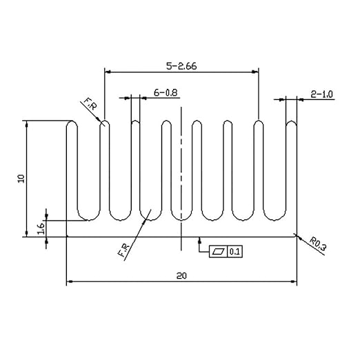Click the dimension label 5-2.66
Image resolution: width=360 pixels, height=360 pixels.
tap(181, 66)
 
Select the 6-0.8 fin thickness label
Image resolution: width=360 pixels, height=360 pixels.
tap(166, 92)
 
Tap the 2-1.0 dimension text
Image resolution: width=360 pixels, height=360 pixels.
tap(321, 94)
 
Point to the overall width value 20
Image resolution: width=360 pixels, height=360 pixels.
tap(181, 275)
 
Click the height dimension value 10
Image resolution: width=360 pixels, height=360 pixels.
tap(21, 179)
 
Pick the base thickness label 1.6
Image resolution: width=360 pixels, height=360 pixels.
tap(41, 228)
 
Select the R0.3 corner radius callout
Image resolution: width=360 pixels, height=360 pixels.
tap(318, 244)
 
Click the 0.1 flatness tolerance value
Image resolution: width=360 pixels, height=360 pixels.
tap(234, 252)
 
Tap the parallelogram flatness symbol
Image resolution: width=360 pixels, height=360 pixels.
tap(218, 252)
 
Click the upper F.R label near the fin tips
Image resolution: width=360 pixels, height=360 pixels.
tap(90, 103)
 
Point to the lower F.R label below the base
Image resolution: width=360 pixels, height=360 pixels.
tap(123, 250)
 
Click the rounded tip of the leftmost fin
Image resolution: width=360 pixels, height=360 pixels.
tap(72, 123)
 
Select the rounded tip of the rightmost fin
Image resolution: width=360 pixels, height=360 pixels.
tap(291, 123)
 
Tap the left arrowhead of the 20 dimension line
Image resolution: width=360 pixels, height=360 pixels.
tap(69, 281)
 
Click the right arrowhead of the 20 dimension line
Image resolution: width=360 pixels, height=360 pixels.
tap(294, 281)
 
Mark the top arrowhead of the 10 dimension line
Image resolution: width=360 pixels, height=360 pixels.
tap(27, 123)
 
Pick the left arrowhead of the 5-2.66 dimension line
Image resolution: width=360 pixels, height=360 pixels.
tap(108, 72)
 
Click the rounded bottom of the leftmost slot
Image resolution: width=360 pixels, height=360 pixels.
tap(89, 216)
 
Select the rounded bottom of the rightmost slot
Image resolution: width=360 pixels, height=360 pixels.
tap(274, 216)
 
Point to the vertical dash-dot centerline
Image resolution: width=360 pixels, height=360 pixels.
tap(181, 179)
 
